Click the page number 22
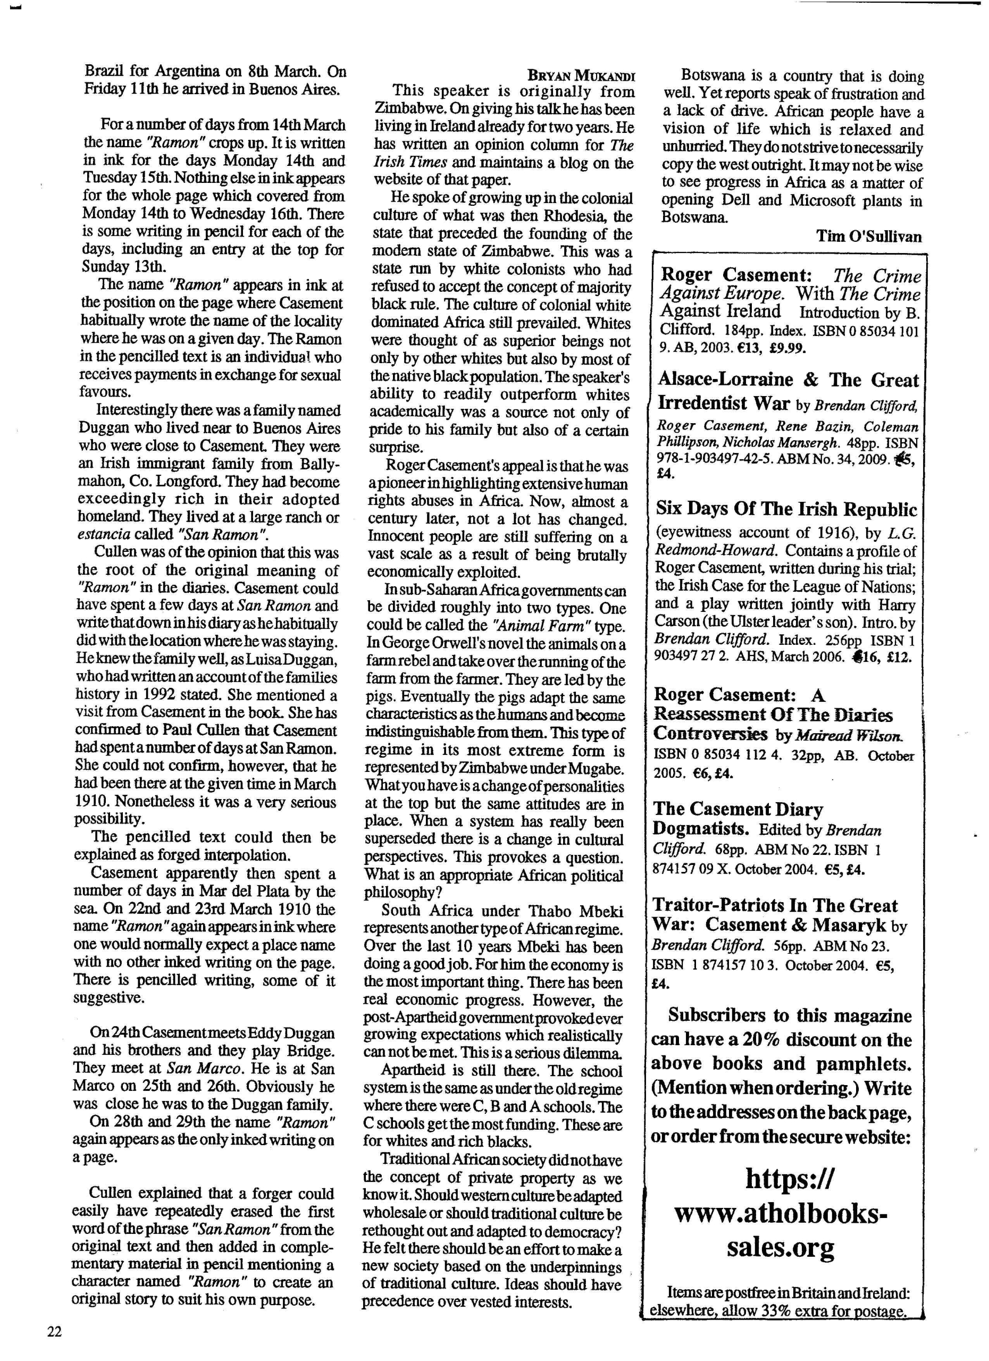pyautogui.click(x=54, y=1332)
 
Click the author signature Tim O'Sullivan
pyautogui.click(x=868, y=237)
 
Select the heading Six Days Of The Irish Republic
pyautogui.click(x=786, y=509)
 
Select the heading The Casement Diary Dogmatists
pyautogui.click(x=738, y=819)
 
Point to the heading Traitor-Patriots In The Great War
pyautogui.click(x=774, y=914)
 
